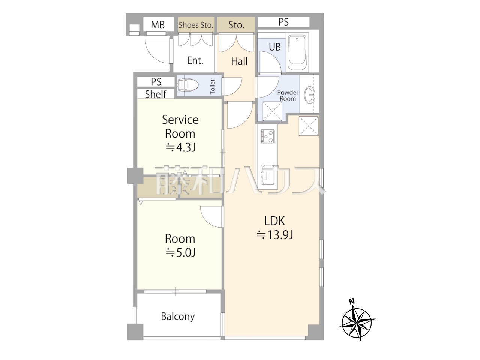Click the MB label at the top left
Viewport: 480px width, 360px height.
(157, 25)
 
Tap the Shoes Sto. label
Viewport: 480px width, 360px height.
(196, 25)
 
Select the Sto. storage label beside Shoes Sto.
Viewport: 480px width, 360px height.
(236, 25)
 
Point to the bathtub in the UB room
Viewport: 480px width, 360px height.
(297, 52)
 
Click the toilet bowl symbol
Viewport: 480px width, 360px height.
(187, 85)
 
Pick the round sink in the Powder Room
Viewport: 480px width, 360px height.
(310, 94)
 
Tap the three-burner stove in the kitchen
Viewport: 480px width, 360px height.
(267, 136)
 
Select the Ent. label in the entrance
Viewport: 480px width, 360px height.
(195, 60)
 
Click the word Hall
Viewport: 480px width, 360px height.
(240, 61)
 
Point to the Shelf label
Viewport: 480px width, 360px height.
(156, 94)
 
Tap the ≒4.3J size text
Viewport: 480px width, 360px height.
(180, 148)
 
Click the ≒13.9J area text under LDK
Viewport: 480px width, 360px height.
(275, 235)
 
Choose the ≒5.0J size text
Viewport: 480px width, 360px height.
(180, 252)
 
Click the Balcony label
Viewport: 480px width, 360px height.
(178, 316)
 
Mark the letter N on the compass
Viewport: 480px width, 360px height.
(352, 301)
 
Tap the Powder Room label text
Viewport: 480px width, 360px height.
(288, 96)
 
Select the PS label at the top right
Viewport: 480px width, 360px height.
(283, 22)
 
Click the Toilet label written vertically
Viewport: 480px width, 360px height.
(213, 87)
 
